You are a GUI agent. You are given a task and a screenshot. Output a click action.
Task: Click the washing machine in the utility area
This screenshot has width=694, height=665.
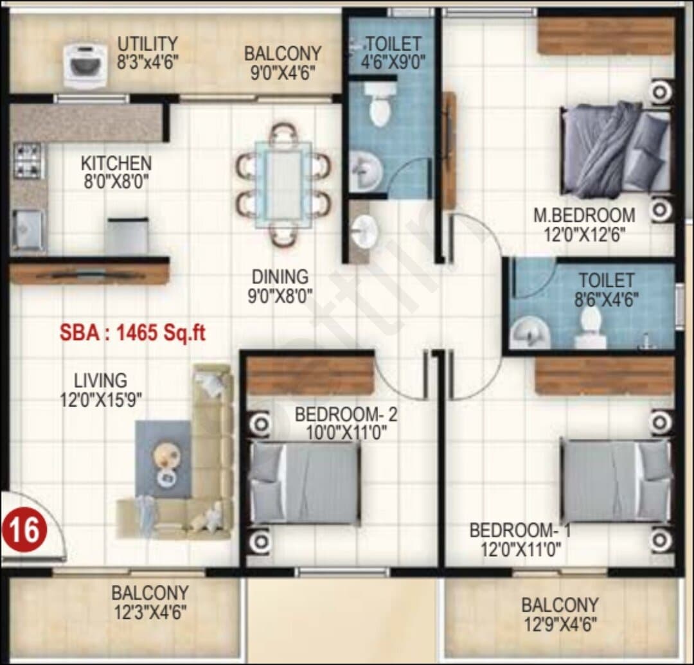[85, 66]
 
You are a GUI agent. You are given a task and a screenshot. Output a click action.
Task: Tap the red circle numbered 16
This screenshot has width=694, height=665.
[24, 529]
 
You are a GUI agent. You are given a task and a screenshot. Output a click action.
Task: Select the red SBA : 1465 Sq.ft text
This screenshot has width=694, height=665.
[132, 333]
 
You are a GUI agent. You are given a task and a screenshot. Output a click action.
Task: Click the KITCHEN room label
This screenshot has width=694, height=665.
[116, 163]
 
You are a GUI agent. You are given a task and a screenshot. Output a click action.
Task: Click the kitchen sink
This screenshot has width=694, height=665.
[29, 230]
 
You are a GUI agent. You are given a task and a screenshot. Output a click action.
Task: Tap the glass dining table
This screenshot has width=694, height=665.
[283, 184]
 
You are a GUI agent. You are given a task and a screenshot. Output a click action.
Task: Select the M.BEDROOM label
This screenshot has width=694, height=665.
[584, 215]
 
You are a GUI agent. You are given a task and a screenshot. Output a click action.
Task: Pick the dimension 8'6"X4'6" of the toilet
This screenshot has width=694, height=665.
[607, 300]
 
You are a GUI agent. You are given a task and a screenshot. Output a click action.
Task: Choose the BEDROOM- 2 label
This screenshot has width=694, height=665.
[346, 414]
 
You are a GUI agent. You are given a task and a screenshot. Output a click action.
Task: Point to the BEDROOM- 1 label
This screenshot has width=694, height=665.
[520, 530]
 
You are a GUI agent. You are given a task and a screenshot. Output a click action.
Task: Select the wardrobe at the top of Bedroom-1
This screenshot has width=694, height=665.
[604, 375]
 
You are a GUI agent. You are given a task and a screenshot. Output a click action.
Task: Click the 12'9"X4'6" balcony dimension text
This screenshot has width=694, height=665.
[560, 625]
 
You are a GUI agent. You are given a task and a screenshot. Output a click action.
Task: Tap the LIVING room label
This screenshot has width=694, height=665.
[100, 380]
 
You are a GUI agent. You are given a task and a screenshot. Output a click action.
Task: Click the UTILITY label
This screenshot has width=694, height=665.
[147, 44]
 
